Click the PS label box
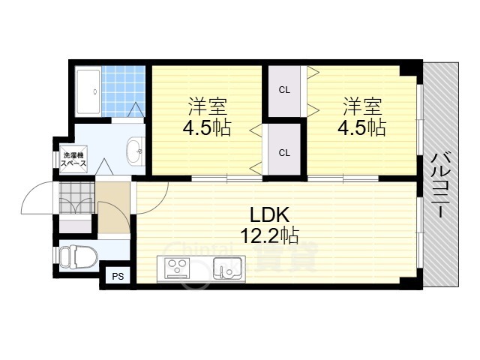click(x=118, y=276)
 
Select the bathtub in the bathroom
click(x=88, y=91)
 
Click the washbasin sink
click(x=135, y=151)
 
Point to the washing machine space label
click(x=73, y=159)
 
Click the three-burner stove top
click(x=177, y=268)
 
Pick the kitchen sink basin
click(x=228, y=268)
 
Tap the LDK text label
click(x=269, y=214)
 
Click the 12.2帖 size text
click(x=269, y=235)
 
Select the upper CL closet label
click(x=284, y=90)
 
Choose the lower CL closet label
click(x=284, y=152)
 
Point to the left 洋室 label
click(x=207, y=106)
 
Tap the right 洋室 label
click(x=362, y=106)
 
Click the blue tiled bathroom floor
click(x=123, y=91)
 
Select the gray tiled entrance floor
click(x=76, y=197)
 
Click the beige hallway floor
click(x=114, y=208)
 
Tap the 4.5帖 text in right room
click(x=361, y=127)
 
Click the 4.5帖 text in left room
click(x=207, y=127)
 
